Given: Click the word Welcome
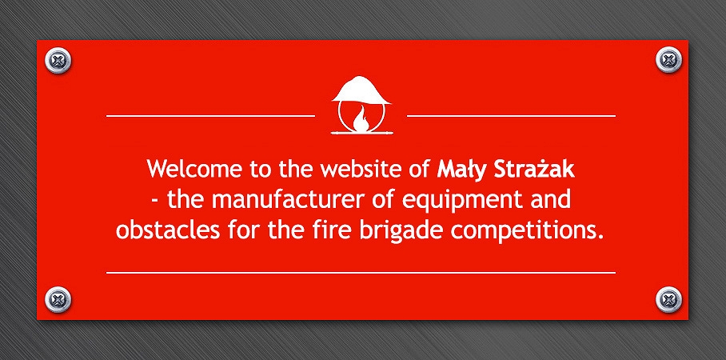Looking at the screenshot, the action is pyautogui.click(x=194, y=169).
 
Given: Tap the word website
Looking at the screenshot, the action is pyautogui.click(x=362, y=169).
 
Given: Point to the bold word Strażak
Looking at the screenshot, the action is pyautogui.click(x=534, y=169).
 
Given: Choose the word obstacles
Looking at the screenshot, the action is pyautogui.click(x=168, y=230).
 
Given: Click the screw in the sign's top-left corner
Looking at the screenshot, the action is pyautogui.click(x=58, y=60).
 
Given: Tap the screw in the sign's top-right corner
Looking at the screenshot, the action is pyautogui.click(x=668, y=60).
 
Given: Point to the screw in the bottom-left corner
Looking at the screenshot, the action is pyautogui.click(x=58, y=300).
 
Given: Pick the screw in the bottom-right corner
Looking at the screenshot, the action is pyautogui.click(x=668, y=300).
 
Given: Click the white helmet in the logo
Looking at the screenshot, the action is pyautogui.click(x=361, y=90).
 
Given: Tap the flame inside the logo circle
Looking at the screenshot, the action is pyautogui.click(x=361, y=119).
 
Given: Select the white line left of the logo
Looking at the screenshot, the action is pyautogui.click(x=210, y=116).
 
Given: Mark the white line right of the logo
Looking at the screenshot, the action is pyautogui.click(x=511, y=116).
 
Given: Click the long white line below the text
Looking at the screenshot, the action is pyautogui.click(x=361, y=273).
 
